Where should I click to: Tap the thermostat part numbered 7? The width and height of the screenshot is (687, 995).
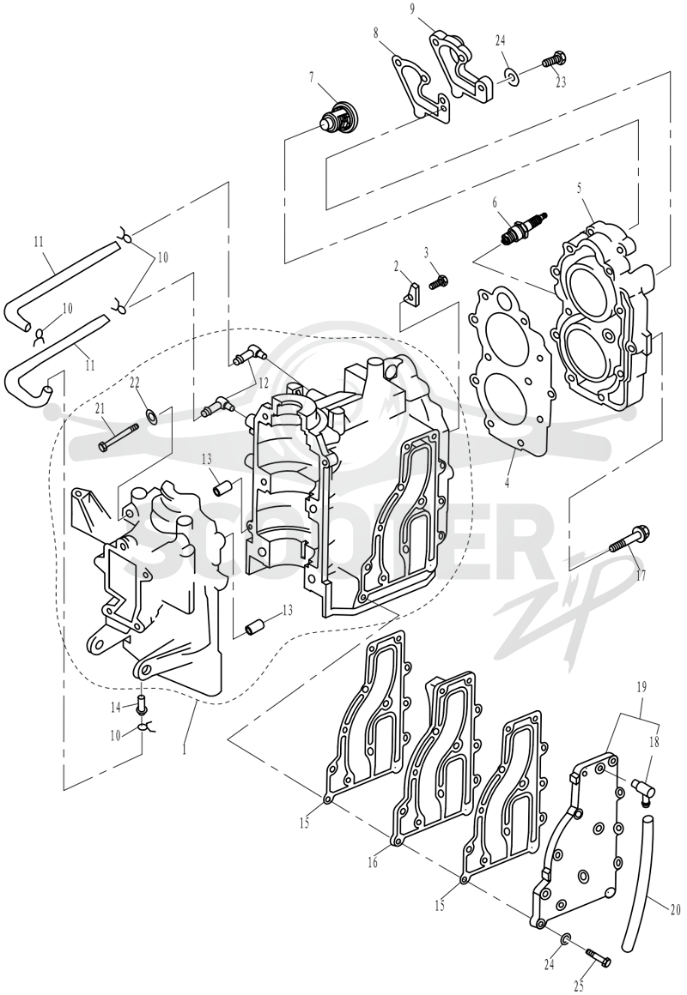coord(337,116)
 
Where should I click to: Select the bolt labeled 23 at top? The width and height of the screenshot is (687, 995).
coord(553,60)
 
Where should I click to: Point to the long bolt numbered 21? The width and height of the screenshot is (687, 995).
coord(118,437)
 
